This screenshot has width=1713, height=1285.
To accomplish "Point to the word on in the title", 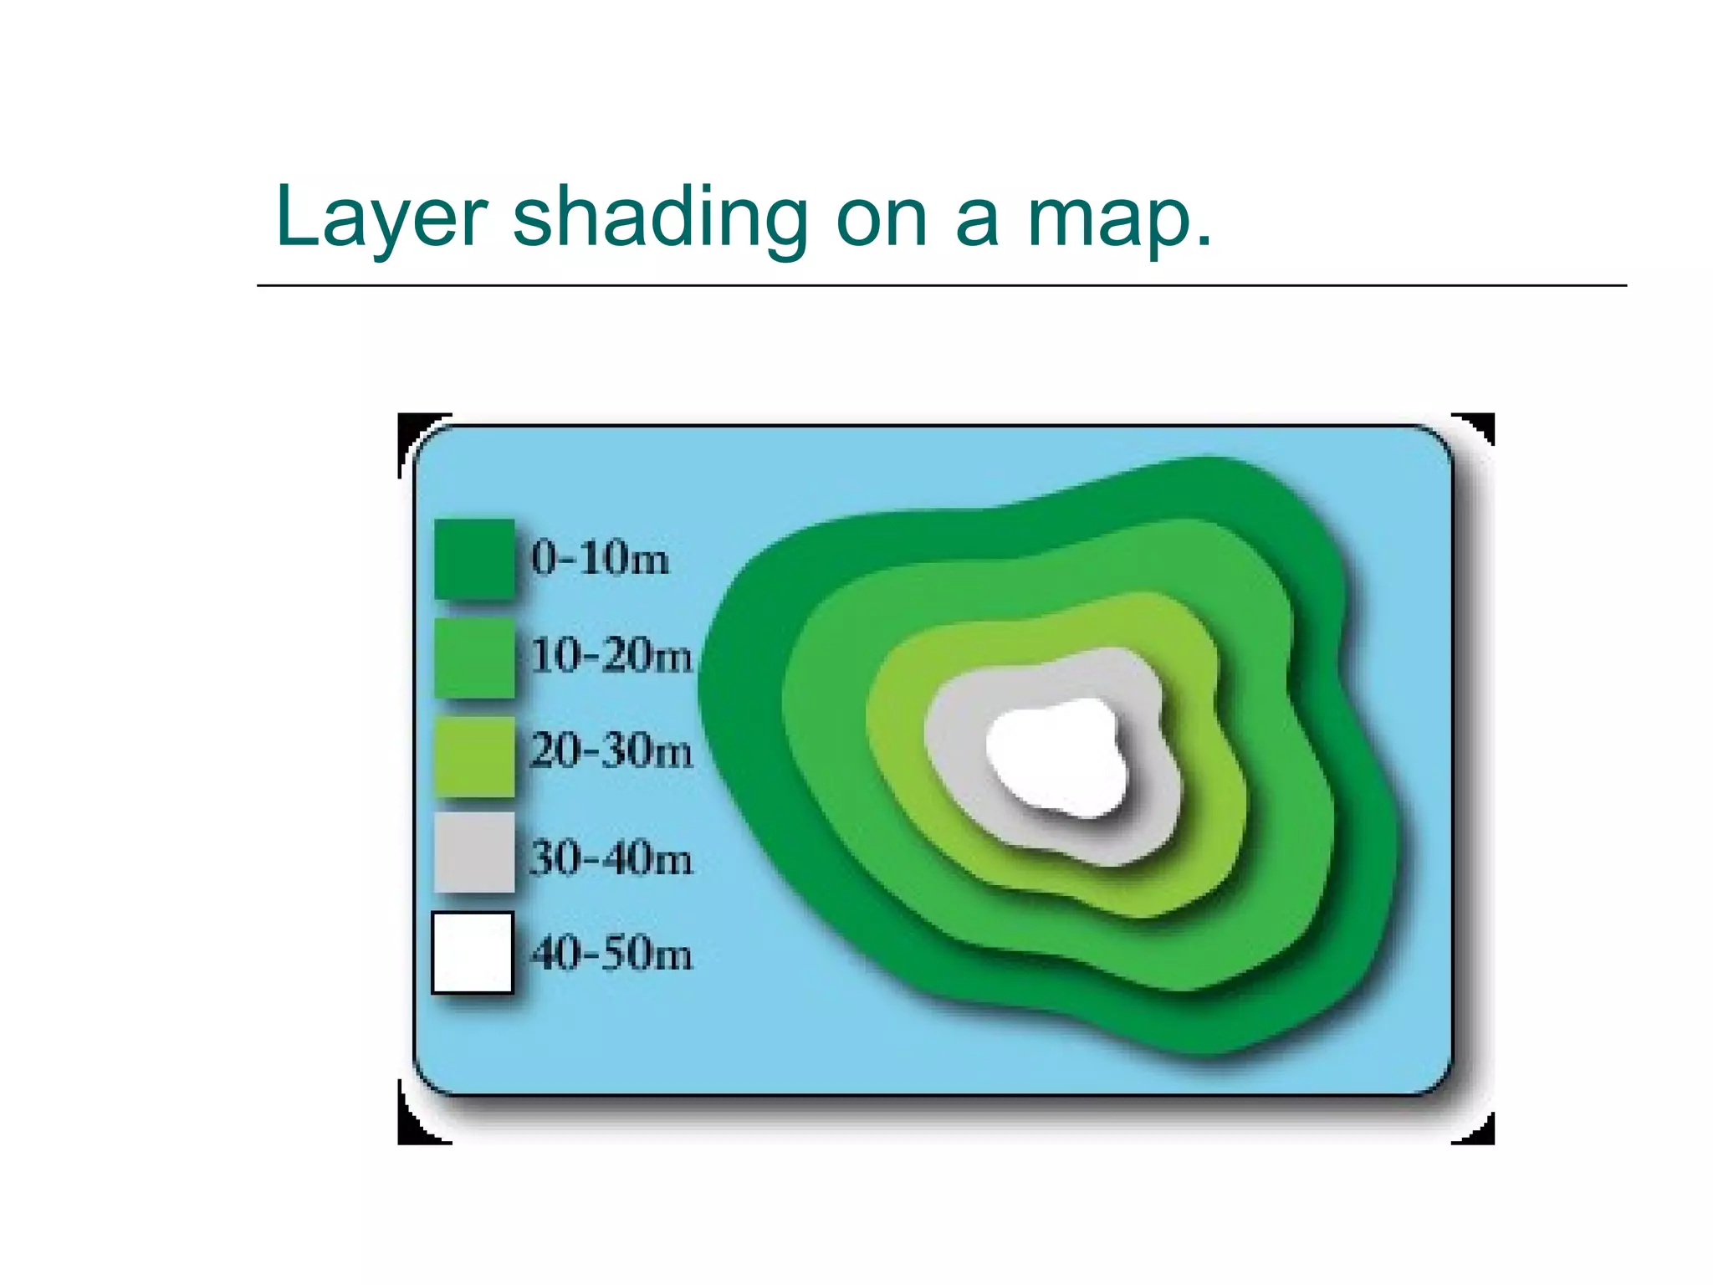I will [x=882, y=219].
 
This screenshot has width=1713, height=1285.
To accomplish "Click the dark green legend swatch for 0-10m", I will [x=474, y=559].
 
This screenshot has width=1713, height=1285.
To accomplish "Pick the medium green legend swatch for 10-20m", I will [x=474, y=658].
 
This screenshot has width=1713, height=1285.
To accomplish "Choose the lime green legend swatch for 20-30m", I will [x=474, y=755].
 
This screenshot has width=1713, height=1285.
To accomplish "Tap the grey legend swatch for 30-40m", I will [x=474, y=852].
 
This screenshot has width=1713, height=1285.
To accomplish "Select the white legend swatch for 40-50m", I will [x=473, y=953].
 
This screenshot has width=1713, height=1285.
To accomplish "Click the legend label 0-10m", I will [x=601, y=558].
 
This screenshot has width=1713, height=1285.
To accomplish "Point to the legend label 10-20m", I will [x=611, y=655].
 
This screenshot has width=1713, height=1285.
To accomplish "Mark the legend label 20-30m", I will [x=611, y=750].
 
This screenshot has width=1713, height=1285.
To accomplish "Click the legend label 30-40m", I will [x=611, y=858].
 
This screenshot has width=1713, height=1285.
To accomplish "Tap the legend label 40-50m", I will [x=611, y=954].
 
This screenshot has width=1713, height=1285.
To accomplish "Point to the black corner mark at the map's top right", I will [x=1484, y=424].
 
